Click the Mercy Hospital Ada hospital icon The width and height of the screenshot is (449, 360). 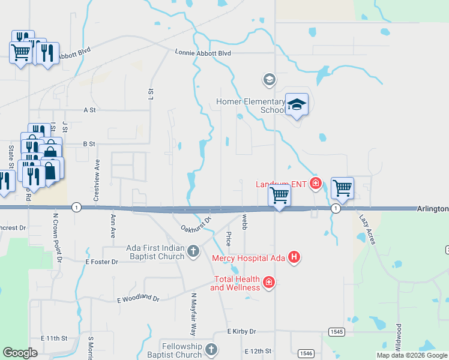tap(294, 258)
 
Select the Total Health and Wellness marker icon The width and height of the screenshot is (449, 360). tap(269, 282)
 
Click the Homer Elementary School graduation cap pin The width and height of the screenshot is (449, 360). tap(296, 105)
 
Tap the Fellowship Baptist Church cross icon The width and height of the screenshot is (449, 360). tap(210, 349)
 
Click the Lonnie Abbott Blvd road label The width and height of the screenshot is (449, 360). tap(203, 53)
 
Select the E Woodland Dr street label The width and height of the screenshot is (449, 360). tap(139, 298)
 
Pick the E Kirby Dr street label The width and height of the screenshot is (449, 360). tap(241, 331)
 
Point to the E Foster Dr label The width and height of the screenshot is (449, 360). tap(102, 262)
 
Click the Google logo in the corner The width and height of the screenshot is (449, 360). tap(20, 353)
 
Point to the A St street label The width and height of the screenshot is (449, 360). tap(90, 110)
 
